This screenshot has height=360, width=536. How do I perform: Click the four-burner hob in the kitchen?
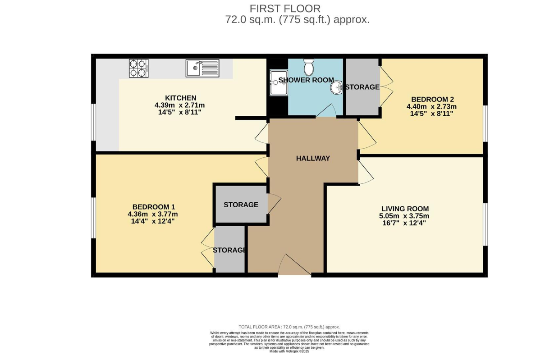pos(139,68)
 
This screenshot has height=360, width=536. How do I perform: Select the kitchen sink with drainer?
pos(202,68)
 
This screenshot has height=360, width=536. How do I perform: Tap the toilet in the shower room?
pos(309,67)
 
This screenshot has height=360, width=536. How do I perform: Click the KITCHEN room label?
pos(180,98)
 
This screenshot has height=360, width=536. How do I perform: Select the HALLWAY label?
pos(313,158)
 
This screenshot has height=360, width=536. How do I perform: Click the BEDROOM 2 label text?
pos(432,99)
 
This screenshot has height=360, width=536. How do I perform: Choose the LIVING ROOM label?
pos(405,209)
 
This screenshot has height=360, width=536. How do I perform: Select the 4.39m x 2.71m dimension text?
pos(179,105)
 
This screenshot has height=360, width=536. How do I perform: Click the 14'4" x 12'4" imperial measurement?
pos(152,221)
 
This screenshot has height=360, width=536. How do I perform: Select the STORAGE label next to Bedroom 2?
pos(362,87)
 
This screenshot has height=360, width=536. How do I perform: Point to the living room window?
pos(486,224)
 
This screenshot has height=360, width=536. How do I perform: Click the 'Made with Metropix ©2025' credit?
pos(289,351)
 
